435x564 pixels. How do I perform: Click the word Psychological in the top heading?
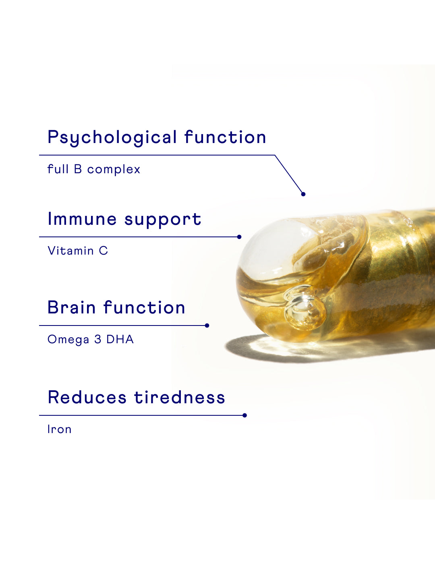(x=112, y=138)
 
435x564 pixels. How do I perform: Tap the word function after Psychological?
(x=226, y=137)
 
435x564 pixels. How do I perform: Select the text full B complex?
(x=93, y=170)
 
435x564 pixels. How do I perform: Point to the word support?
(x=163, y=220)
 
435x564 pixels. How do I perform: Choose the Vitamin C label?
(x=78, y=251)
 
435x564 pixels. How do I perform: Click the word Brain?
(x=72, y=307)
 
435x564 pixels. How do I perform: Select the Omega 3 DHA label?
(x=91, y=339)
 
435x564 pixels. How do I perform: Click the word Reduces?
(x=87, y=397)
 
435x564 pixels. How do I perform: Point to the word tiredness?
(x=180, y=397)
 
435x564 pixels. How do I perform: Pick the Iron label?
(x=59, y=429)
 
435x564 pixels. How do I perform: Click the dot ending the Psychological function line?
(x=303, y=194)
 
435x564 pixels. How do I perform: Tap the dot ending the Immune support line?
(x=239, y=237)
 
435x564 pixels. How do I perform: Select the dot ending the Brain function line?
(x=207, y=326)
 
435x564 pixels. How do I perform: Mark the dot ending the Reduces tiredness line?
(x=244, y=415)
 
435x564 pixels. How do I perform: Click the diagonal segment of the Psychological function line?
(x=289, y=174)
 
